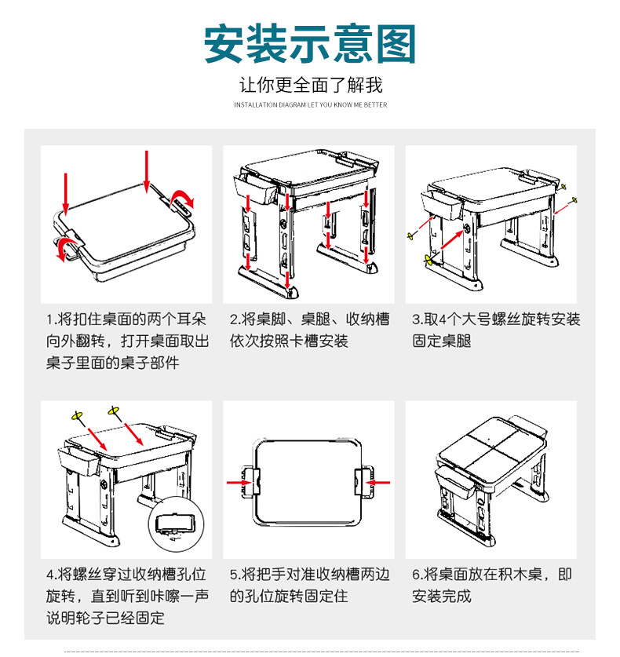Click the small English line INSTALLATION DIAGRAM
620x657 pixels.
[x=310, y=104]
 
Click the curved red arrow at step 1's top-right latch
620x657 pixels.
[x=182, y=197]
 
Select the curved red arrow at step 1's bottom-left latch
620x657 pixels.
[x=64, y=249]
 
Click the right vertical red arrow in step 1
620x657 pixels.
[x=146, y=170]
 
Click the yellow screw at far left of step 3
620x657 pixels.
[x=410, y=235]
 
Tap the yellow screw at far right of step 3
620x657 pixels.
[x=577, y=199]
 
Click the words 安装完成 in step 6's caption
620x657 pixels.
[x=442, y=596]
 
